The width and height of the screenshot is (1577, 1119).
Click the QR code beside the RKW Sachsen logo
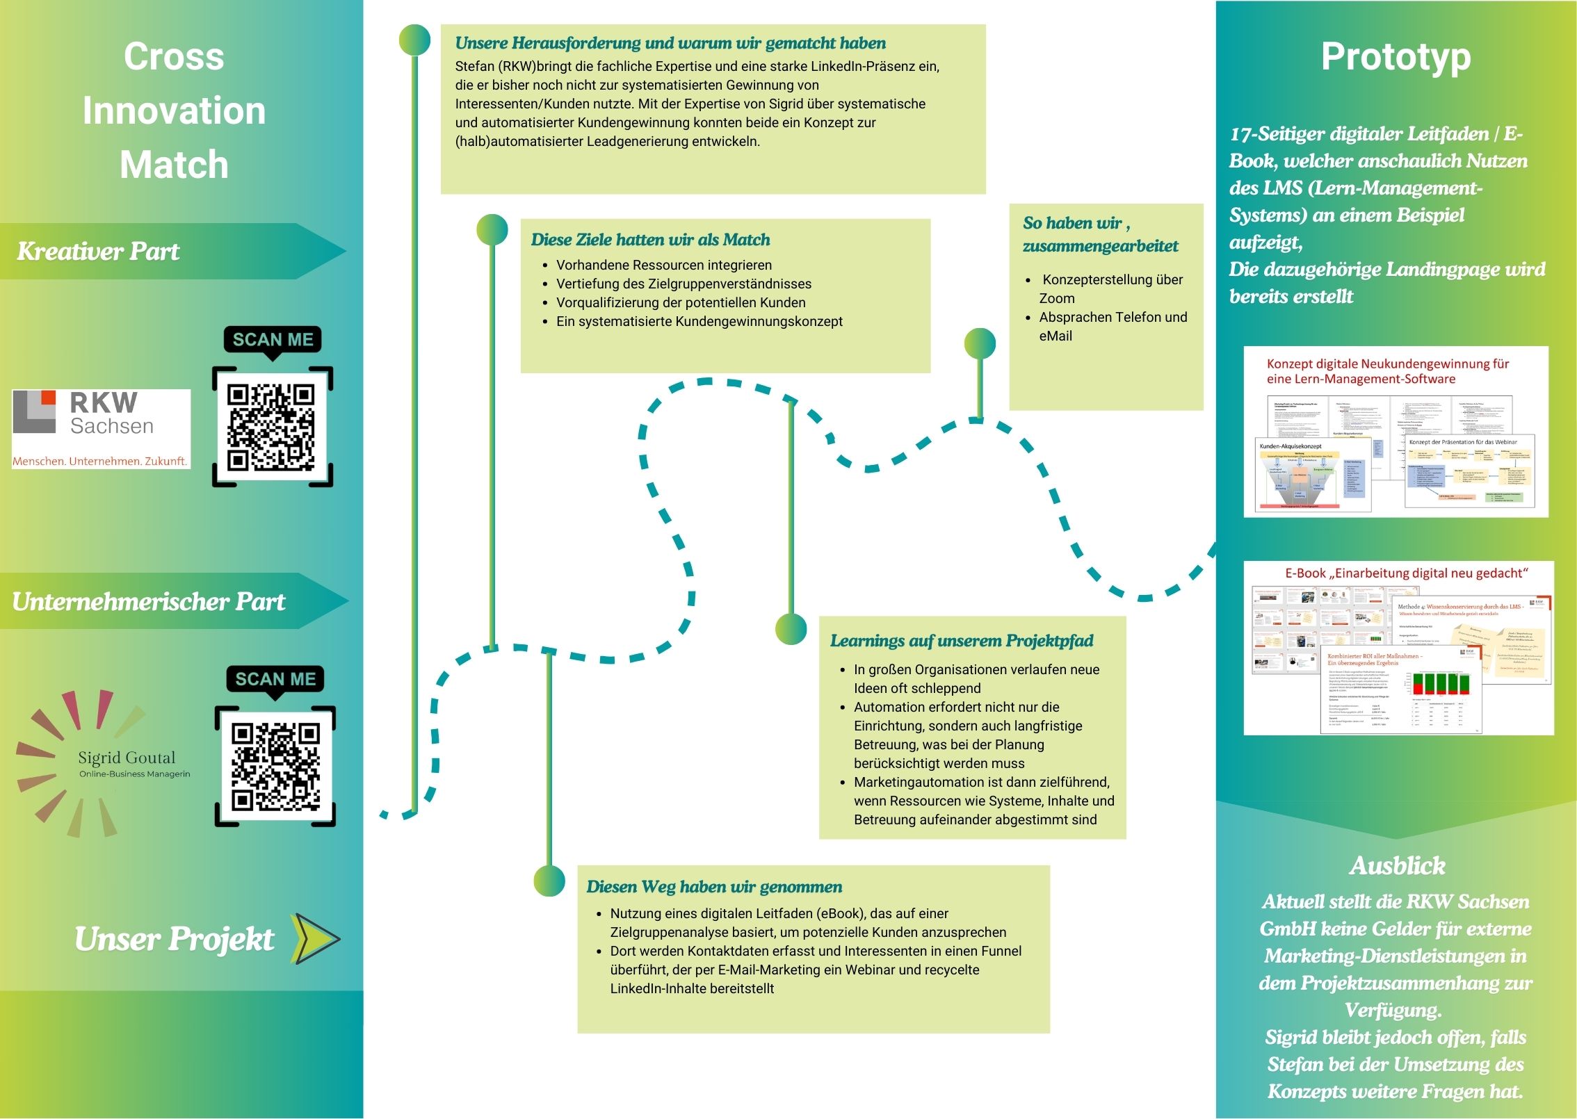point(271,426)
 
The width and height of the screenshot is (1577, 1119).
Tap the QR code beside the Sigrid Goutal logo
point(275,767)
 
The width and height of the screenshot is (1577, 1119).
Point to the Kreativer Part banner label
point(98,251)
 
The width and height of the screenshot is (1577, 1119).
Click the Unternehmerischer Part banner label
point(148,601)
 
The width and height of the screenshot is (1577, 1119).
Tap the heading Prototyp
point(1396,56)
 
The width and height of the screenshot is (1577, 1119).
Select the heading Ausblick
point(1397,865)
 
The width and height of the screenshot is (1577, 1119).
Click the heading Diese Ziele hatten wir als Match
point(650,240)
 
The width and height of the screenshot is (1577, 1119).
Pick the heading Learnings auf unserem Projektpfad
point(961,641)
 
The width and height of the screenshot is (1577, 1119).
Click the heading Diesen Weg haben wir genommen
point(713,887)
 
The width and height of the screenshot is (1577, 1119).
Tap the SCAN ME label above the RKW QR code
point(273,339)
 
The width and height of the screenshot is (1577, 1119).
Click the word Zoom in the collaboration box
point(1057,298)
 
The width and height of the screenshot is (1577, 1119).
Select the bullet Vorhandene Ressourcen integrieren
point(663,265)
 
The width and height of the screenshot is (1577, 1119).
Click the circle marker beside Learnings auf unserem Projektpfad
point(791,629)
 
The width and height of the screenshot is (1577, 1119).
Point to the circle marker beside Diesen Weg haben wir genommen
point(549,881)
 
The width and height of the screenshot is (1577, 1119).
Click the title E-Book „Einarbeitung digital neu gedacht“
point(1406,573)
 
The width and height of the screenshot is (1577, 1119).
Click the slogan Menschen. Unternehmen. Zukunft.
point(99,461)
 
